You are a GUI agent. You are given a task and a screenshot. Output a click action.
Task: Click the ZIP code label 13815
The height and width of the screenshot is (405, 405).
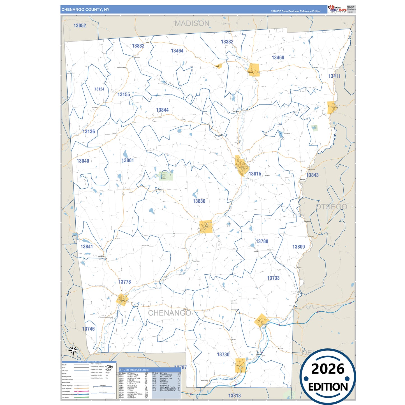pos(255,174)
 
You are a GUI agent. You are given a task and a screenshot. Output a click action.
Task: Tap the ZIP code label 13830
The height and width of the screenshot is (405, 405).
pos(199,201)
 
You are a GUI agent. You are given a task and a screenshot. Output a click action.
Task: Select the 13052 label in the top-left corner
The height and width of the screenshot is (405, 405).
pos(80,26)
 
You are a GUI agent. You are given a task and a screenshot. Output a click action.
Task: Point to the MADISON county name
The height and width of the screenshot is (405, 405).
pos(192,24)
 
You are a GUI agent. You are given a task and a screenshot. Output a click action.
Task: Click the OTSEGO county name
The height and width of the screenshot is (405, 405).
pos(331,207)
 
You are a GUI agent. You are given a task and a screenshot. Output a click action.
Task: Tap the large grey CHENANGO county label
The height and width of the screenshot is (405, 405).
pos(169,313)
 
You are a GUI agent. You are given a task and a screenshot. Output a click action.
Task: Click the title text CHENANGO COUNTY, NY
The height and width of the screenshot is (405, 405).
pos(85,10)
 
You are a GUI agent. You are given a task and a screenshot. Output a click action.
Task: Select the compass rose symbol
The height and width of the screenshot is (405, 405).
pos(73,350)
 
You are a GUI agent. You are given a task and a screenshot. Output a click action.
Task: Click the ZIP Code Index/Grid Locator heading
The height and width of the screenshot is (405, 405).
pos(134,370)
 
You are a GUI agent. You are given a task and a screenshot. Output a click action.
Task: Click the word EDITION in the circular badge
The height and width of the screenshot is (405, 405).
pos(328,387)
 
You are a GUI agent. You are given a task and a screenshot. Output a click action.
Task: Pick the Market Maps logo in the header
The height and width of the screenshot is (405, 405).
pos(337,9)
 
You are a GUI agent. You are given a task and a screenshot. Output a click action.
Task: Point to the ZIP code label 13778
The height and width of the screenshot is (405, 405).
pos(124,282)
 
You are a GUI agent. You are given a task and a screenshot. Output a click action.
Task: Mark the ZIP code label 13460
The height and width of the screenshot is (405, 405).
pos(278,58)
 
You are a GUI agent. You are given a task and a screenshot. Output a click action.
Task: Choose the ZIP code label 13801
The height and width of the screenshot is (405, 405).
pos(128,160)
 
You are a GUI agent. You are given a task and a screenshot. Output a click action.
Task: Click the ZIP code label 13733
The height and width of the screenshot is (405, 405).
pos(273,278)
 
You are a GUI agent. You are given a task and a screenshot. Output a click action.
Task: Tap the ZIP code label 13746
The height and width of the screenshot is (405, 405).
pos(88,329)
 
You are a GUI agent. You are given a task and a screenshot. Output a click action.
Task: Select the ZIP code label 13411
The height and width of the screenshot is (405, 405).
pos(334,76)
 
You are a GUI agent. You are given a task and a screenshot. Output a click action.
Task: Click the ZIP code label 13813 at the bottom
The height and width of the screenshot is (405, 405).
pos(234,396)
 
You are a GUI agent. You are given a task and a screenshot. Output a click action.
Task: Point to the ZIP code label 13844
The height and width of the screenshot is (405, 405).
pos(162,110)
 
